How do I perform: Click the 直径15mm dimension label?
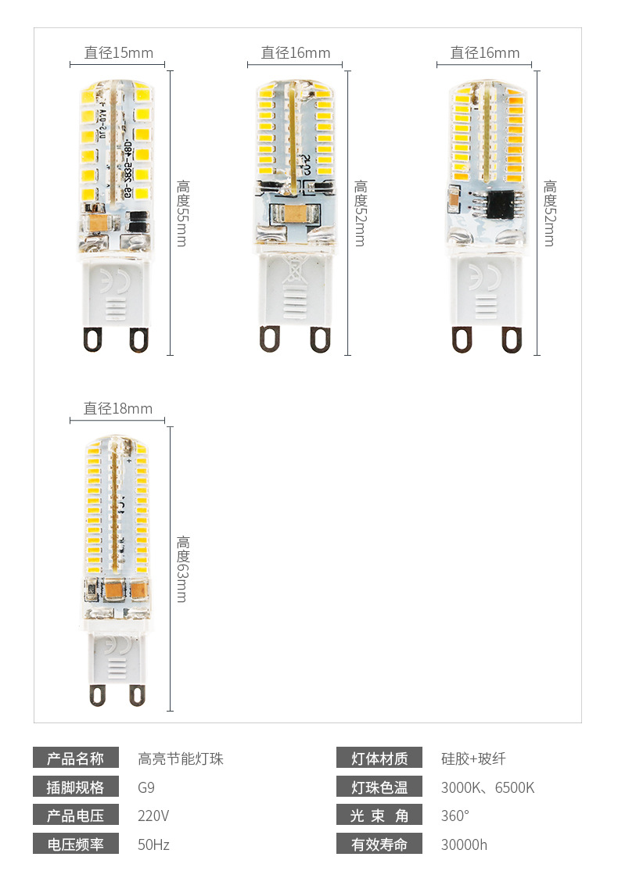[x=119, y=53]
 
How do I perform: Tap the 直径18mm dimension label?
[x=118, y=409]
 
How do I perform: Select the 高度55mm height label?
[x=182, y=213]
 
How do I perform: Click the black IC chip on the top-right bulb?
[x=500, y=205]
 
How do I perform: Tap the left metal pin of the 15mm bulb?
[x=92, y=338]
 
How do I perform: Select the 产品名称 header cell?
[x=75, y=758]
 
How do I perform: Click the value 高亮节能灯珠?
[x=181, y=758]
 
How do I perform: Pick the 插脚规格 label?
[x=75, y=787]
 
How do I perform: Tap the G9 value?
[x=146, y=787]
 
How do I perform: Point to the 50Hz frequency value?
[x=153, y=844]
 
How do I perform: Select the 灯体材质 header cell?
[x=379, y=758]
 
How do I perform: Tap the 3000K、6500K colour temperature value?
[x=487, y=787]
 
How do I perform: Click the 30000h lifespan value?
[x=464, y=844]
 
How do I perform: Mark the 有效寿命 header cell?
[x=379, y=844]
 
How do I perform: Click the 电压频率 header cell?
[x=75, y=844]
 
